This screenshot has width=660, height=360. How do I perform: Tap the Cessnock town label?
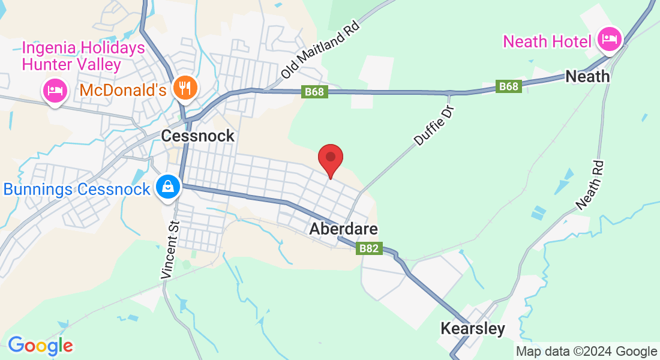[x=198, y=136]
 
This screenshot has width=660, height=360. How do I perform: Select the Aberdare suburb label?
[x=344, y=229]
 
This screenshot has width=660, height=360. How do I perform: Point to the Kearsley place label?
[x=473, y=329]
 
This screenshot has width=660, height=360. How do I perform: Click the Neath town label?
[x=588, y=77]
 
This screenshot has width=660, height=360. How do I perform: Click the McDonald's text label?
[x=122, y=91]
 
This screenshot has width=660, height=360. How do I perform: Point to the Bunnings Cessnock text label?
[x=77, y=190]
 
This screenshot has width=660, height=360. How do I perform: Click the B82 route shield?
[x=369, y=248]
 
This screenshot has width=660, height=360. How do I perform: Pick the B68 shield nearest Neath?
[x=508, y=87]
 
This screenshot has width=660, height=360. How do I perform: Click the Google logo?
[x=40, y=345]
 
